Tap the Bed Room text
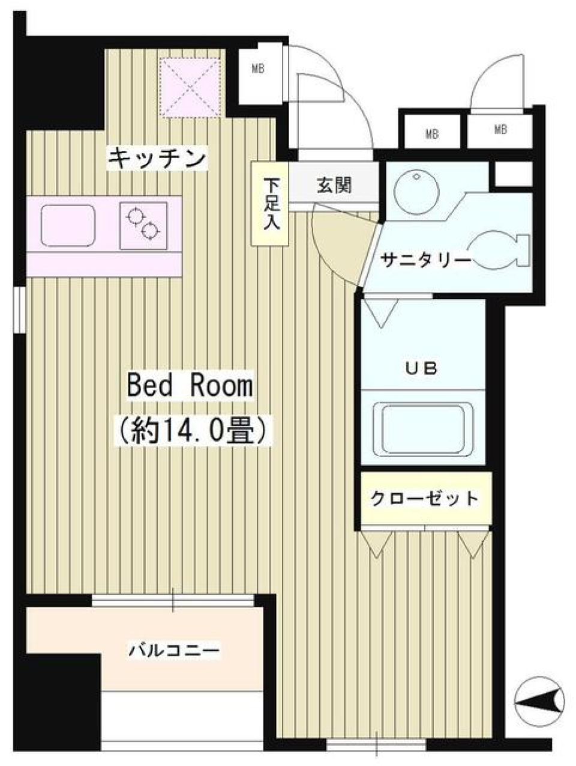pyautogui.click(x=189, y=386)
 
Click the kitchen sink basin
pyautogui.click(x=68, y=225)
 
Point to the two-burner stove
pyautogui.click(x=143, y=225)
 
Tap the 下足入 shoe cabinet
pyautogui.click(x=269, y=204)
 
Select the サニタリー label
pyautogui.click(x=426, y=260)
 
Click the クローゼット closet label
pyautogui.click(x=425, y=499)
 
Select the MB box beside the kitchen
pyautogui.click(x=258, y=69)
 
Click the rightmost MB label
pyautogui.click(x=500, y=129)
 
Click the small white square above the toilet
pyautogui.click(x=514, y=174)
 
